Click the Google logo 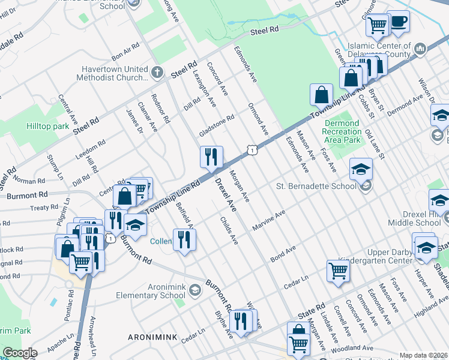tap(20, 353)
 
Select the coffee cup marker tap(398, 22)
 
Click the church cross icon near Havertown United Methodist tap(157, 73)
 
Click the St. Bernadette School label tap(316, 186)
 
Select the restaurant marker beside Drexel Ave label tap(211, 157)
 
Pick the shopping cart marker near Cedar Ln tap(338, 271)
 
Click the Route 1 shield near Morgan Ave tap(253, 149)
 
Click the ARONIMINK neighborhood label tap(152, 338)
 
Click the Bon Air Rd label tap(125, 50)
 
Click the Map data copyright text tap(423, 355)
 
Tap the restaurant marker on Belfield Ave tap(184, 239)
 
